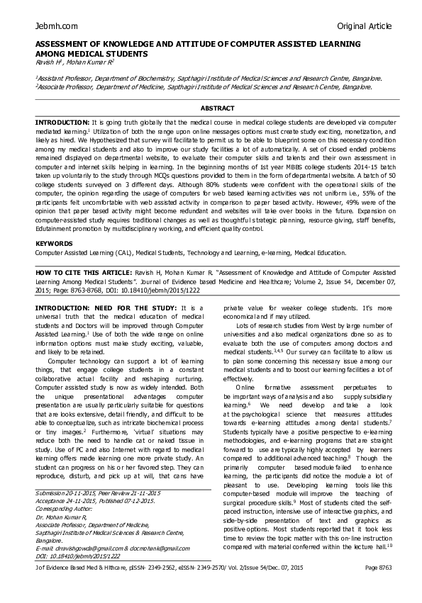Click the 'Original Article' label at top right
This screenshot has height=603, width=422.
pyautogui.click(x=364, y=26)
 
